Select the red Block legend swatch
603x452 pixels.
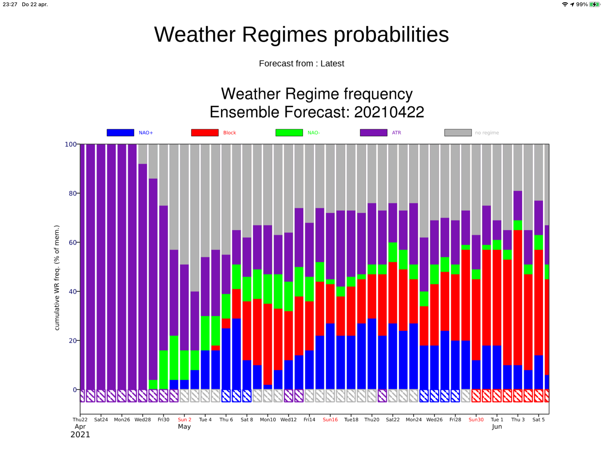tap(205, 133)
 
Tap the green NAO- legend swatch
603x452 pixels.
tap(289, 133)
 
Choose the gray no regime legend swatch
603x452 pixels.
tap(458, 133)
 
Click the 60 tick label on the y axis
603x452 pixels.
tap(73, 242)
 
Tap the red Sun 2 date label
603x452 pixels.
tap(185, 420)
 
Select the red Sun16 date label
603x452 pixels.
tap(330, 420)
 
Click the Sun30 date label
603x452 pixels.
tap(476, 420)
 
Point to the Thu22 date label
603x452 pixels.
tap(80, 420)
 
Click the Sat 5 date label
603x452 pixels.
tap(538, 420)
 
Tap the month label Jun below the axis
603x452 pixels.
tap(497, 427)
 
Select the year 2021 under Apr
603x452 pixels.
tap(80, 435)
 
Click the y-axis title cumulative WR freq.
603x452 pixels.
tap(57, 278)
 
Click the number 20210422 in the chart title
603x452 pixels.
tap(389, 112)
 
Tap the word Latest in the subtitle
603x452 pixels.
tap(332, 64)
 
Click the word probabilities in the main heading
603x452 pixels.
tap(391, 35)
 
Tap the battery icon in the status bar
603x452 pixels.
tap(594, 4)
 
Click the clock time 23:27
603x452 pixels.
tap(10, 4)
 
